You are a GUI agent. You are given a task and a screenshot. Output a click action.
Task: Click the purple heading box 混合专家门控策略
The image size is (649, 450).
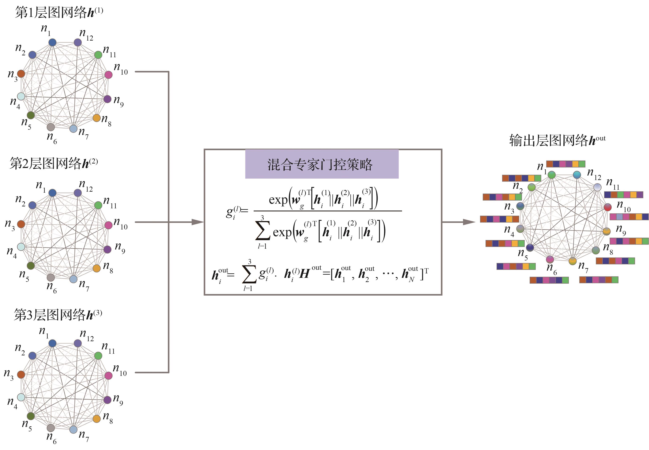pos(321,164)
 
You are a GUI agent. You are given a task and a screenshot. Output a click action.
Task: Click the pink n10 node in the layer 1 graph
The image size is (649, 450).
pos(109,75)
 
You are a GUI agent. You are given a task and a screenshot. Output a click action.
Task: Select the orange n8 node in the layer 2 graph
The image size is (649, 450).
pos(96,268)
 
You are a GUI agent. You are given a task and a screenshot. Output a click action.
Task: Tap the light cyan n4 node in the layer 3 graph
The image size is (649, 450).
pos(21,397)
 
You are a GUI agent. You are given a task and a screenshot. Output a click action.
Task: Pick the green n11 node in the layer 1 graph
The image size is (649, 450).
pos(98,55)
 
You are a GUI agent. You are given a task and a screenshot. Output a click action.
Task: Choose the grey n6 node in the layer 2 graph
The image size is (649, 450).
pos(51,277)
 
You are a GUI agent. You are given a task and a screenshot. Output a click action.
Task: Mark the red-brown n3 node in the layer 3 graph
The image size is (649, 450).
pos(21,374)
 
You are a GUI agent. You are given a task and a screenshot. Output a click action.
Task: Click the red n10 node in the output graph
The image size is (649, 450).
pos(608,207)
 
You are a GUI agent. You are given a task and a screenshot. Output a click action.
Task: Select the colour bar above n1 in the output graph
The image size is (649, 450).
pos(566,164)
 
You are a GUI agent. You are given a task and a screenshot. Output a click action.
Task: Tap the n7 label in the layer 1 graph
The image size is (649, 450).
pos(83,132)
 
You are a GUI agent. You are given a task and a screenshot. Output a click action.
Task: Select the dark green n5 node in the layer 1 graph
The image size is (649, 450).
pos(30,115)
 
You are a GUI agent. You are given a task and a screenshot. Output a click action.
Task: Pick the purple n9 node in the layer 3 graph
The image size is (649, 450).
pos(107,400)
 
